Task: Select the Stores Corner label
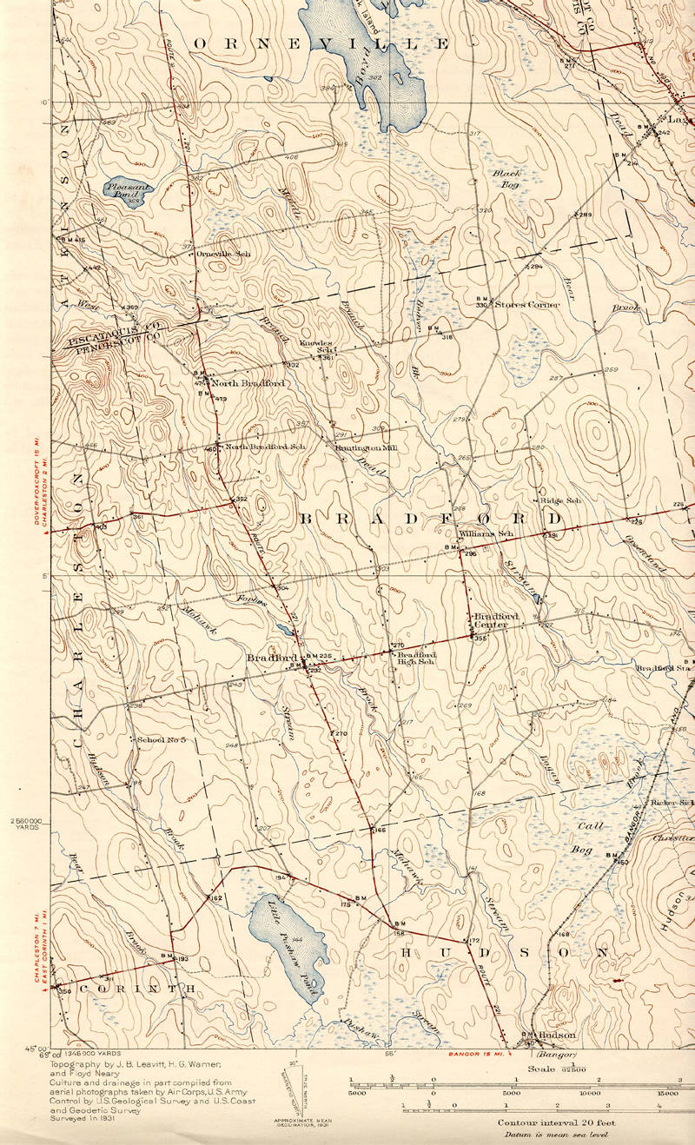pos(527,305)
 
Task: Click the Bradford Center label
pos(496,620)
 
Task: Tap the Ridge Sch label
pos(560,501)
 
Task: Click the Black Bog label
pos(506,179)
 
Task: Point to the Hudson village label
pos(557,1036)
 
